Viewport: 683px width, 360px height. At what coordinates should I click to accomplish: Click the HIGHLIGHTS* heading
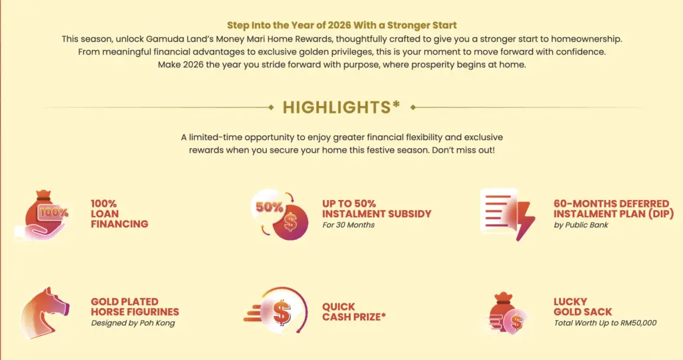pos(341,107)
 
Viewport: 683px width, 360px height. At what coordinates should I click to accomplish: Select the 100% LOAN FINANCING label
pos(119,214)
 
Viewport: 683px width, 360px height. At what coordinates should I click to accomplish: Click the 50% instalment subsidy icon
pos(279,214)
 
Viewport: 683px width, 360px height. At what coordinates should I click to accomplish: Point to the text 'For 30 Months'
pos(348,225)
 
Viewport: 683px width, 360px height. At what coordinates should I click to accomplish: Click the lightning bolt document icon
pos(508,214)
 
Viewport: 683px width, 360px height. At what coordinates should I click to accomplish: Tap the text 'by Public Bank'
pos(581,225)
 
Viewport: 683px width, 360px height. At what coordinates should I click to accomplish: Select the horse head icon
pos(44,313)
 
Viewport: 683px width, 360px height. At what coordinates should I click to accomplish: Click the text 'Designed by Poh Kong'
pos(133,323)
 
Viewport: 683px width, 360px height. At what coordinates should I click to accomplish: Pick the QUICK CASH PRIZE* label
pos(354,312)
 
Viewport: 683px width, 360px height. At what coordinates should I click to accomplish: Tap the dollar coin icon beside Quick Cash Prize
pos(276,311)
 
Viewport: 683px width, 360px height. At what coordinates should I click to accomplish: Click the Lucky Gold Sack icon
pos(507,313)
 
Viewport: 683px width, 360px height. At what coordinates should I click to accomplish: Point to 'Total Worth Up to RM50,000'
pos(605,323)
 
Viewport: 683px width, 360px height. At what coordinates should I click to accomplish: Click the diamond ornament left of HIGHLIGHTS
pos(271,107)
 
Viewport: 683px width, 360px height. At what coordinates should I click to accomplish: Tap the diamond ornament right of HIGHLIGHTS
pos(413,107)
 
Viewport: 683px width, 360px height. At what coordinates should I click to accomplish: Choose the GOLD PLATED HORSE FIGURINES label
pos(135,307)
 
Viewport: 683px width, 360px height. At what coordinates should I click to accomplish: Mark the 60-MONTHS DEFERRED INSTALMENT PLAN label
pos(614,209)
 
